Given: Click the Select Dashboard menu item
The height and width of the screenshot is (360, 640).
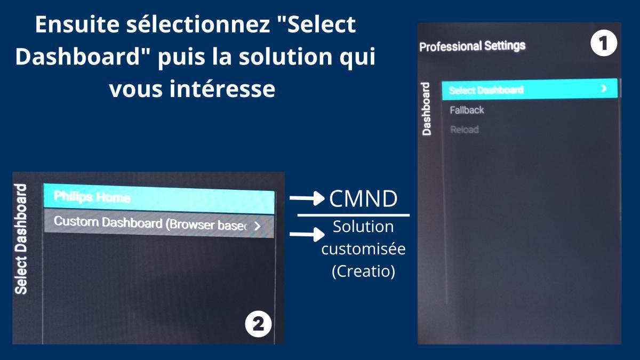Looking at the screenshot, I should tap(486, 90).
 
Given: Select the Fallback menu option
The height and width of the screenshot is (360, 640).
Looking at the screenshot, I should tap(467, 110).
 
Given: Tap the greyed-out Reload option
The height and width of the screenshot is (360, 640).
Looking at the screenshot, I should tap(464, 130).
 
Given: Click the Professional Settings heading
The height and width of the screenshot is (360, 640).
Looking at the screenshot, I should tap(472, 46).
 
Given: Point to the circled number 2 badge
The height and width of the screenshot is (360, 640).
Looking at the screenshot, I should tap(258, 324).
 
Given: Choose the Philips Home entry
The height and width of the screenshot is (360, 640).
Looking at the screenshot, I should tap(92, 197).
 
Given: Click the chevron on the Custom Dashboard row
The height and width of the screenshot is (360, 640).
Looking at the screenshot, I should tap(258, 226).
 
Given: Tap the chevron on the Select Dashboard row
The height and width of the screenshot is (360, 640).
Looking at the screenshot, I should tap(604, 89).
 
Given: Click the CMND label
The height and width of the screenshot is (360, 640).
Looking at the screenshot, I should tap(363, 198).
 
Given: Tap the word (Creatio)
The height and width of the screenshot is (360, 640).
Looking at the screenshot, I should tap(363, 271).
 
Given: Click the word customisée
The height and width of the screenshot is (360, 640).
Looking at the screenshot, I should tap(363, 249).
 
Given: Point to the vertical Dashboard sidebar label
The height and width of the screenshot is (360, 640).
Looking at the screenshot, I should tap(427, 109).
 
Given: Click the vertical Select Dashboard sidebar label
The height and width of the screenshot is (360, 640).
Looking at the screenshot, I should tap(21, 238).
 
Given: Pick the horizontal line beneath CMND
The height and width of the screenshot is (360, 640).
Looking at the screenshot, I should tap(353, 215).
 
